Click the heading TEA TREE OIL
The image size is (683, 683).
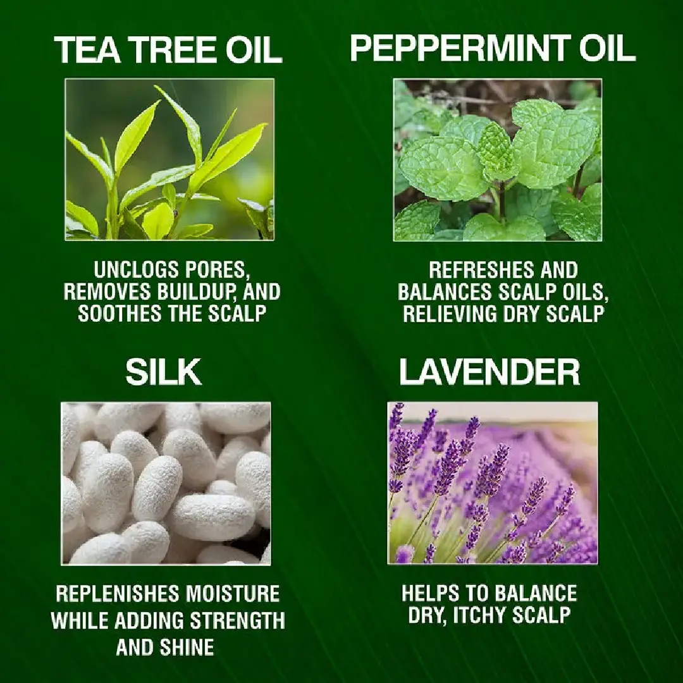(168, 50)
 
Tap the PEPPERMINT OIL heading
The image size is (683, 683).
(492, 47)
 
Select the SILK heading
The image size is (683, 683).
(164, 372)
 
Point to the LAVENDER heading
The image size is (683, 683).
(489, 372)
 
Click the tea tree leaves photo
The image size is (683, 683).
(169, 159)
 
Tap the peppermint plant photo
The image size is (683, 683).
(497, 159)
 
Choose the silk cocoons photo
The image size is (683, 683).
(166, 483)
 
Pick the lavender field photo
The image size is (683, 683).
(492, 483)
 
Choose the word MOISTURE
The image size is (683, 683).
(232, 594)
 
